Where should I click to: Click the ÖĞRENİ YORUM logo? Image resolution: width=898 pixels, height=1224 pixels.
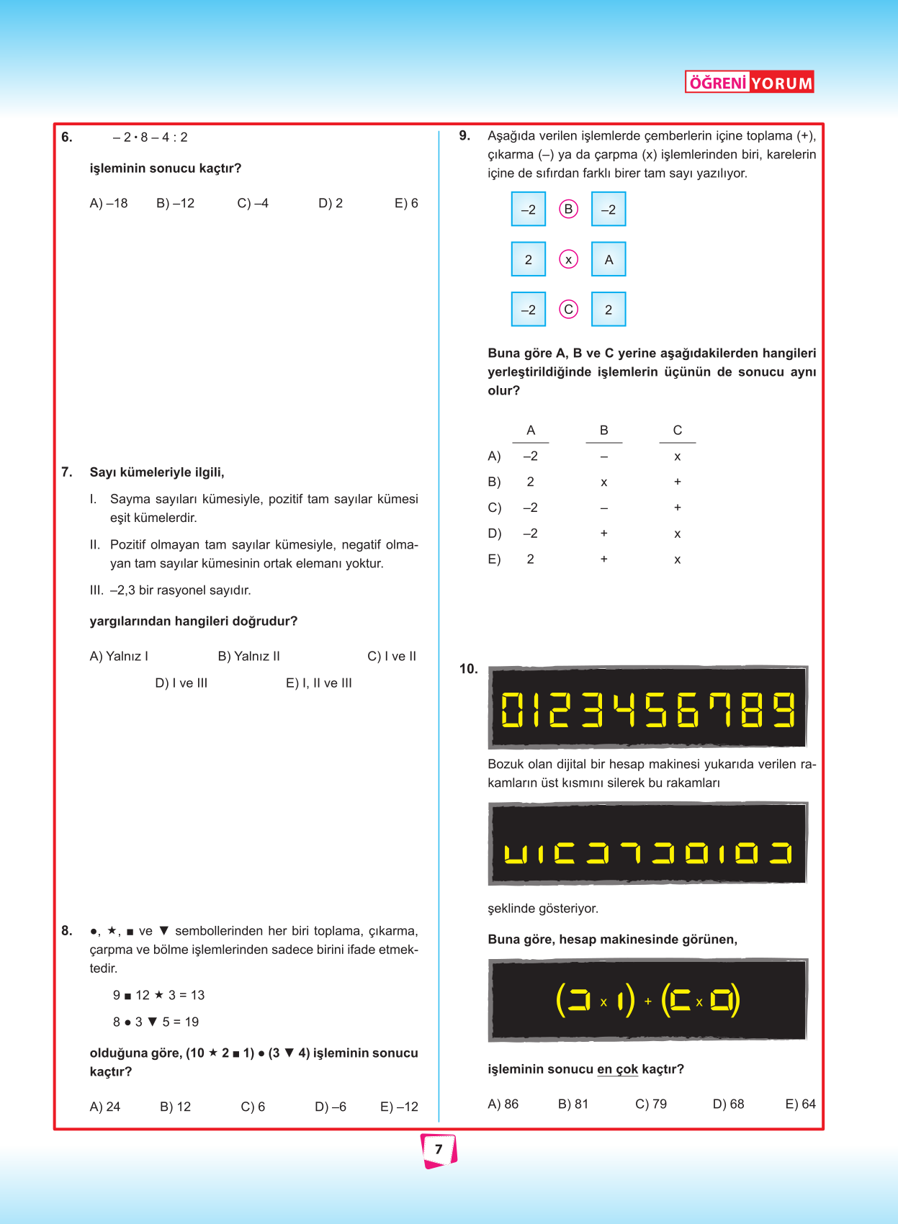pos(749,82)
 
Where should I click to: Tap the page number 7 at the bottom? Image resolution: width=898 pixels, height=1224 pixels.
pos(439,1150)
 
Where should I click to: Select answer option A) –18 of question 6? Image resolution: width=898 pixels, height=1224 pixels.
pos(109,203)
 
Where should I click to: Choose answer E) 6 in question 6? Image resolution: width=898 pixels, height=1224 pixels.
pos(406,203)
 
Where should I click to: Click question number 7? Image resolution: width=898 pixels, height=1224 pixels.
pos(67,472)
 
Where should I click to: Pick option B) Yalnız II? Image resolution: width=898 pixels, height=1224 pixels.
pos(248,656)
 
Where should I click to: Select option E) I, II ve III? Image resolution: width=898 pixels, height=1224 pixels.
pos(319,683)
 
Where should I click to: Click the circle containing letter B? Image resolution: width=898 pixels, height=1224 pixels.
pos(568,210)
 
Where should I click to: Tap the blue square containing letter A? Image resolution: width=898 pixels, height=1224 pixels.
pos(609,259)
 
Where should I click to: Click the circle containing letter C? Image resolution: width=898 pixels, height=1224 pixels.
pos(568,310)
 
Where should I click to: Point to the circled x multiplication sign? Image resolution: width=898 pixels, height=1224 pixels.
pos(568,259)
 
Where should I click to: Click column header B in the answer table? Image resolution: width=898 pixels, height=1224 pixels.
pos(603,430)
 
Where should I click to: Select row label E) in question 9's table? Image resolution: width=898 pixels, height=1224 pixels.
pos(494,559)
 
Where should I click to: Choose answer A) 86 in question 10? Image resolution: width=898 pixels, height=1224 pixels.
pos(503,1104)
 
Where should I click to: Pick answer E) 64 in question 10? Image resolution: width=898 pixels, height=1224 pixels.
pos(800,1104)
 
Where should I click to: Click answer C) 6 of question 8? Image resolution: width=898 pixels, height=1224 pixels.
pos(253,1107)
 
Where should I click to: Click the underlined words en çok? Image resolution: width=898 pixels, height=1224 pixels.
pos(617,1069)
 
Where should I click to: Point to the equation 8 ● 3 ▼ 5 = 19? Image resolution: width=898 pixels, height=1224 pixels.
pos(156,1022)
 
